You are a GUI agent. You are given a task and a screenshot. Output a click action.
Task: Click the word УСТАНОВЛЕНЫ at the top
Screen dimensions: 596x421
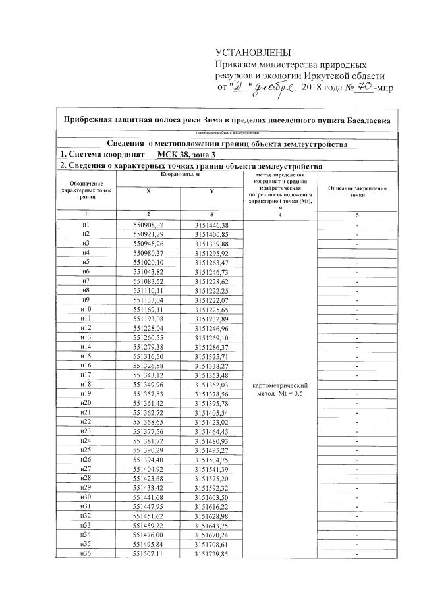tap(253, 53)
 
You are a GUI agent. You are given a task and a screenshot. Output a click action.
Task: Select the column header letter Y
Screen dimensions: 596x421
tap(211, 191)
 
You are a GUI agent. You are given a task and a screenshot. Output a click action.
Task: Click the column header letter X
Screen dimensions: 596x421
tap(147, 191)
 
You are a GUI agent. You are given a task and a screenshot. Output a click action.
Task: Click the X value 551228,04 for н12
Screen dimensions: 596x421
tap(148, 327)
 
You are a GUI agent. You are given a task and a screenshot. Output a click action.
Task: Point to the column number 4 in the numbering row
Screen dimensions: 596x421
tap(281, 215)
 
